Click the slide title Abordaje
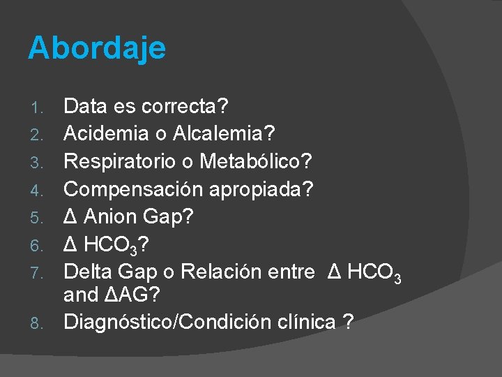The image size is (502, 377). coord(97,48)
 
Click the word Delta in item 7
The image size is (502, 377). coord(87,271)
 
